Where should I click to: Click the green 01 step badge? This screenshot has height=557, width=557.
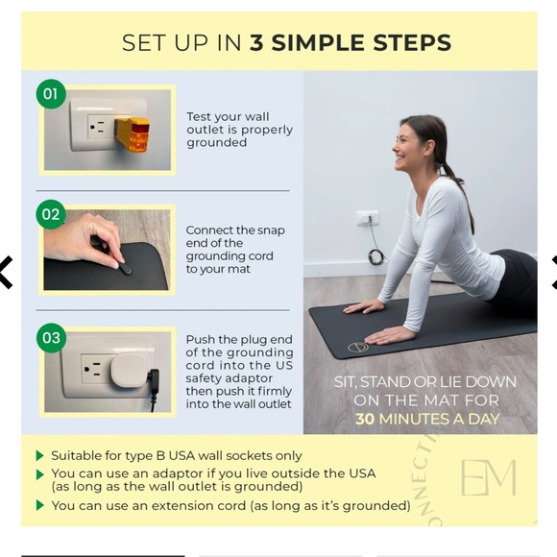click(51, 94)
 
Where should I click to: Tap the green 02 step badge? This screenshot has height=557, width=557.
click(51, 214)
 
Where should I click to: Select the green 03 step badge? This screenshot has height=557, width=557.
click(51, 338)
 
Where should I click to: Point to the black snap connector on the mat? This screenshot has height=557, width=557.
click(126, 269)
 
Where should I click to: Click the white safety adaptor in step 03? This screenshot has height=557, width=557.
click(129, 371)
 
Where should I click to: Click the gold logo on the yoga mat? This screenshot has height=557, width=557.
click(357, 347)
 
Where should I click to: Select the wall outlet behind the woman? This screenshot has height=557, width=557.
click(368, 218)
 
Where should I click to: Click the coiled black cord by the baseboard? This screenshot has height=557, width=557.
click(375, 256)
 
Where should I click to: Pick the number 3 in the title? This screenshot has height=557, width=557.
click(256, 43)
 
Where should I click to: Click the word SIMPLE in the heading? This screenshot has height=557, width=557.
click(319, 43)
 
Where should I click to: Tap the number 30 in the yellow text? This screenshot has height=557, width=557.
click(365, 419)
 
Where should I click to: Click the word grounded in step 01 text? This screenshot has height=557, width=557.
click(217, 143)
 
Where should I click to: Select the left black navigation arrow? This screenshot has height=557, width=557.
click(6, 272)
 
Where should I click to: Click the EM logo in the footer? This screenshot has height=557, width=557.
click(489, 478)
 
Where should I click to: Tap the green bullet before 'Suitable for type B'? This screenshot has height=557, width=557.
click(40, 455)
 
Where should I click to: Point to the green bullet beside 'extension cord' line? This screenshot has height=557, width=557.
click(40, 505)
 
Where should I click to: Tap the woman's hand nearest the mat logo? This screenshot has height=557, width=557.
click(390, 335)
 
